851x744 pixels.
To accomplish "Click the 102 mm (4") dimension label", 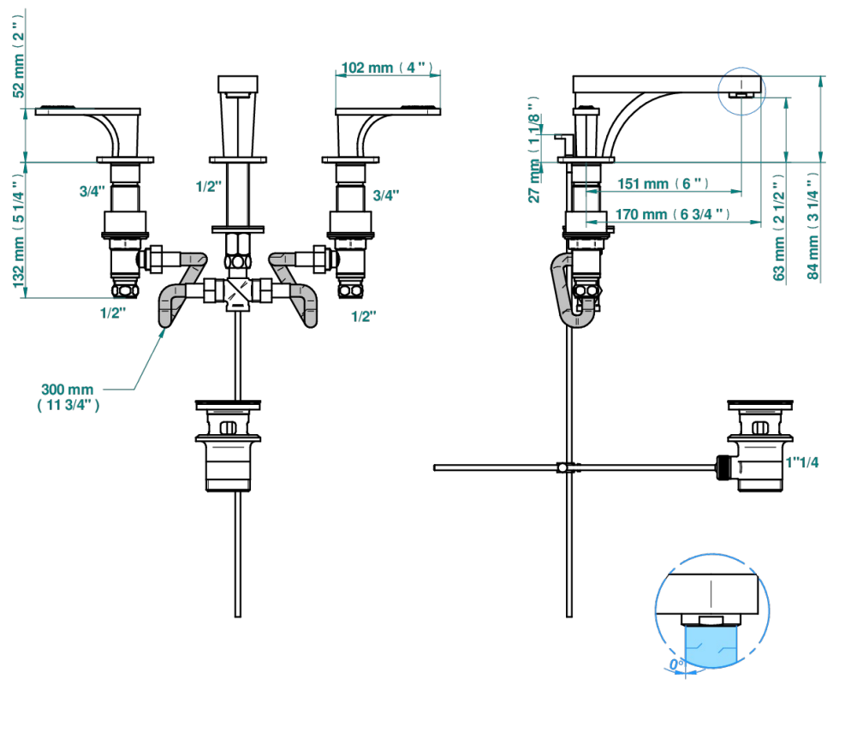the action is (x=387, y=68).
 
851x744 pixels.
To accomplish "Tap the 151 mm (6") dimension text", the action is (x=663, y=184).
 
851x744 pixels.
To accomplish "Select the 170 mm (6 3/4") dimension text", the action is (x=672, y=214).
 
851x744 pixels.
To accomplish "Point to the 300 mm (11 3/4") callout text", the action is (x=68, y=397).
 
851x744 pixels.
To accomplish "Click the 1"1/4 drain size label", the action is (x=801, y=462).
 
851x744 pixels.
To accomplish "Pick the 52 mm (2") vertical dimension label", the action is (x=19, y=57).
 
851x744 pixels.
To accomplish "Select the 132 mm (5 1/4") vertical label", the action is (x=19, y=230).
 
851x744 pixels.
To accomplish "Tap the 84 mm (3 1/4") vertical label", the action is (x=812, y=227).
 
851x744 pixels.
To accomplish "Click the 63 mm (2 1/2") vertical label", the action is (x=779, y=228).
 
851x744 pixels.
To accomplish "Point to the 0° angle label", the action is (x=676, y=664).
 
